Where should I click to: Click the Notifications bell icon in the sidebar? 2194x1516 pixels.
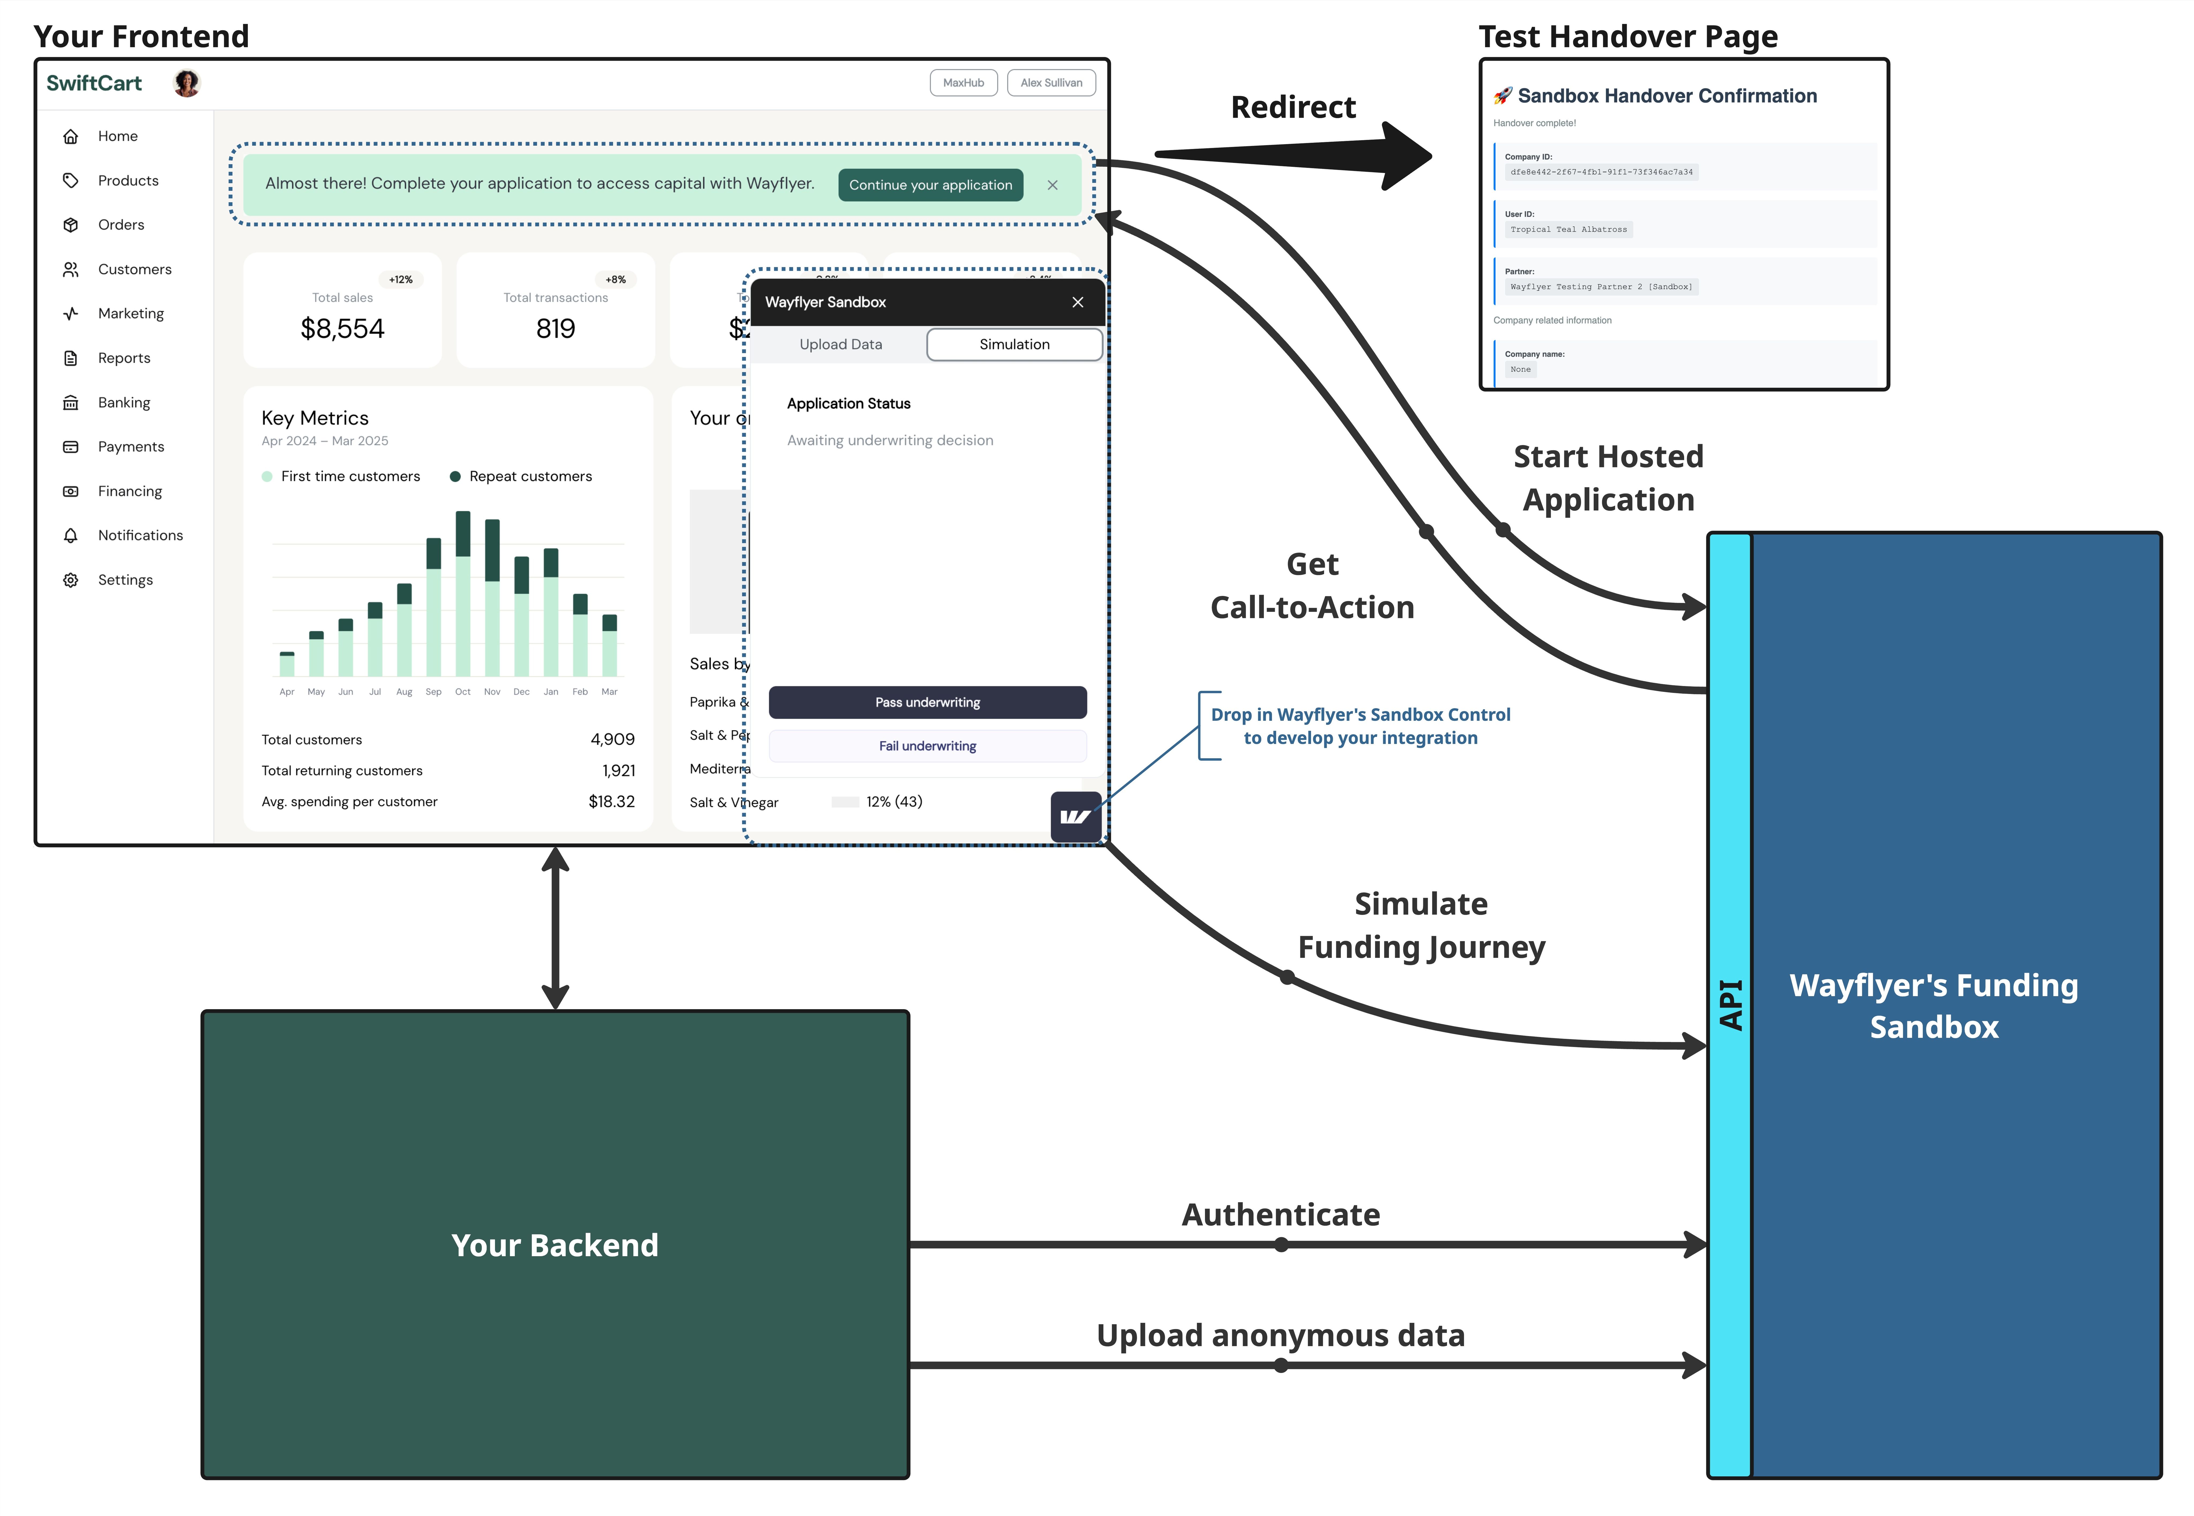70,536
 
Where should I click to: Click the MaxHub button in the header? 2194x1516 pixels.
963,83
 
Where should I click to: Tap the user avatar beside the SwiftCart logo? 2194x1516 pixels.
187,84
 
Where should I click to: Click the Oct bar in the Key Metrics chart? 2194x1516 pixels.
463,594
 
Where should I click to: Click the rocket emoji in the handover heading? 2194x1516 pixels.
1502,96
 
